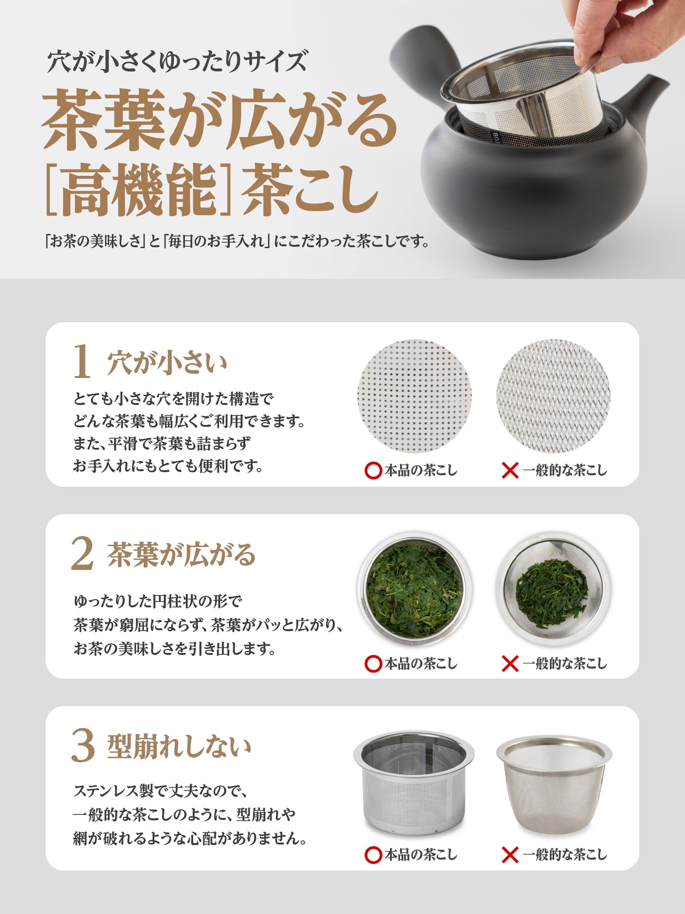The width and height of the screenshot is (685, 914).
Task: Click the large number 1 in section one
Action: coord(82,361)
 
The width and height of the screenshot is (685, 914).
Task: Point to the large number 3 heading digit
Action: coord(83,746)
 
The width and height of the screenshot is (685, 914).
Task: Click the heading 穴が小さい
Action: coord(167,363)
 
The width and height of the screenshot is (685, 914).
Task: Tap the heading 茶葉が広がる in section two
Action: coord(181,554)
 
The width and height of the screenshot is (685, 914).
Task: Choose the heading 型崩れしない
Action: coord(179,747)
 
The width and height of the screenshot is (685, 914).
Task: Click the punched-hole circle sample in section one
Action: coord(414,396)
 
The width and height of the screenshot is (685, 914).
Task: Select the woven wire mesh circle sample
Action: coord(553,396)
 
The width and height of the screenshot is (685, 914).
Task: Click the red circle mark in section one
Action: coord(374,471)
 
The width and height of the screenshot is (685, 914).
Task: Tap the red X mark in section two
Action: coord(510,664)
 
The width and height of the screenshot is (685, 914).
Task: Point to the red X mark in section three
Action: coord(510,855)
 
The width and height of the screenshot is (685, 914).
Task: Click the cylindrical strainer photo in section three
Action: coord(414,782)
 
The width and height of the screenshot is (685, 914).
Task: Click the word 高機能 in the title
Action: coord(139,189)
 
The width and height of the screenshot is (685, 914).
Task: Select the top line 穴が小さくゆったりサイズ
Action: coord(177,62)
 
